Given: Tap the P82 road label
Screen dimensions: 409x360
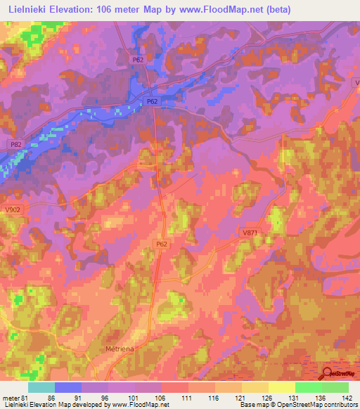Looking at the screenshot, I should (x=16, y=143).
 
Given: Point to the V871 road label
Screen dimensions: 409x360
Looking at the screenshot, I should (x=250, y=232).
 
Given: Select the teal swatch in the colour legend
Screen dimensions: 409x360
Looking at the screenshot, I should (x=41, y=387).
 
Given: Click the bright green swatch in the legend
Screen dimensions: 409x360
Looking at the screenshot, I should (x=308, y=387).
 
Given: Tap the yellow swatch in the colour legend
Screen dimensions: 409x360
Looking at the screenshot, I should (x=281, y=387).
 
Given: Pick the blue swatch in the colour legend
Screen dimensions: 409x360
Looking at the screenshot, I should (x=68, y=387).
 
